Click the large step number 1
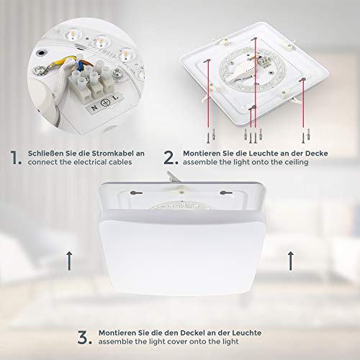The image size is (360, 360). click(x=15, y=158)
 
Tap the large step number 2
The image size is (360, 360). click(x=171, y=158)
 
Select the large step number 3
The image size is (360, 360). click(x=84, y=337)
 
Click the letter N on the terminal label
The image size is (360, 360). click(x=94, y=108)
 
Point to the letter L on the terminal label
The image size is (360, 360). click(x=116, y=97)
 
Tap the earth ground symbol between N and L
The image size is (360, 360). click(x=105, y=103)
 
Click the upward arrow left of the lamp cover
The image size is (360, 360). click(x=69, y=261)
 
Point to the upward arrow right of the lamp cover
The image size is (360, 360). click(x=291, y=261)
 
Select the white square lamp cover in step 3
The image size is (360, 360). click(x=182, y=253)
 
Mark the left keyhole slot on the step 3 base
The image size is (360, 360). click(x=136, y=192)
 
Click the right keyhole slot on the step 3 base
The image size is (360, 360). click(x=226, y=192)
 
